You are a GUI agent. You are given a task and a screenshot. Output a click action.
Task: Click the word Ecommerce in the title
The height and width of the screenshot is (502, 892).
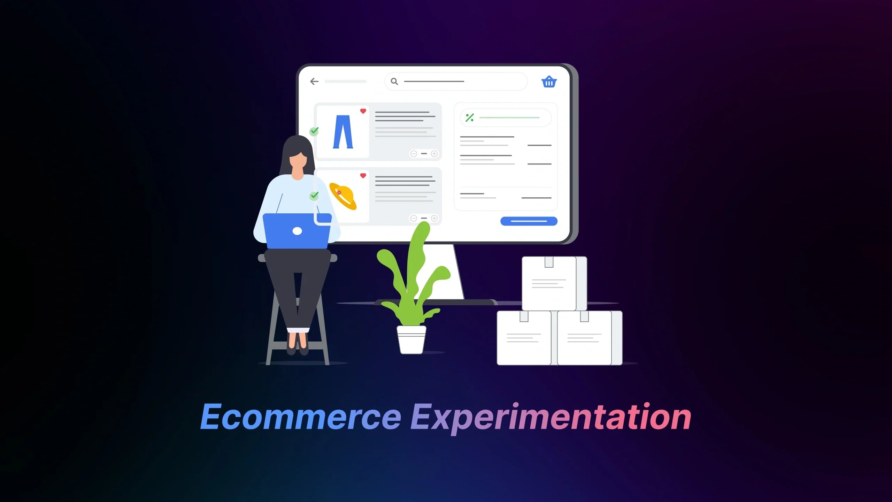coord(300,417)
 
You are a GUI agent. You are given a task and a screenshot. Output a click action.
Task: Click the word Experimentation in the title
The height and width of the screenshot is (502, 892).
coord(551,417)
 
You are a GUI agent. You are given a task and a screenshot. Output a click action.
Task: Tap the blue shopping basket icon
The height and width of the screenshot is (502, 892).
coord(549,82)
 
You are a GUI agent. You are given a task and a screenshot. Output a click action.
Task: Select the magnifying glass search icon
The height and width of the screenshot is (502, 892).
coord(394,82)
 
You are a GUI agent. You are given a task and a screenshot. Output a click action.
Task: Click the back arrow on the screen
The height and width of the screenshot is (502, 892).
coord(314,82)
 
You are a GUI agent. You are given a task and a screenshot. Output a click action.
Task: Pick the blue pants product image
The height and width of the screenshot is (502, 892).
coord(343,132)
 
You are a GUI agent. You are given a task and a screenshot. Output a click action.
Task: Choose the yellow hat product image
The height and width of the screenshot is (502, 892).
coord(343,196)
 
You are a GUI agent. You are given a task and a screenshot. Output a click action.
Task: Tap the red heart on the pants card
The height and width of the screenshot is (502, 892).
coord(363,111)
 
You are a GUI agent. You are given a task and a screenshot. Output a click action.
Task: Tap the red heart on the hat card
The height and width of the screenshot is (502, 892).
coord(363,176)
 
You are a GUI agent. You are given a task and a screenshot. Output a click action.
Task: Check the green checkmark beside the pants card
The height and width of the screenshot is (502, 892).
coord(314,131)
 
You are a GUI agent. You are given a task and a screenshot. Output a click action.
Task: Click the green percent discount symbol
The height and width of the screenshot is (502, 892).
coord(470,118)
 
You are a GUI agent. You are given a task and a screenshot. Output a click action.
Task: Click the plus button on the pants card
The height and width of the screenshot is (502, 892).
coord(434,154)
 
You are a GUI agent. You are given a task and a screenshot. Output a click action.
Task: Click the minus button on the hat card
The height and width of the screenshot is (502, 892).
coord(414,218)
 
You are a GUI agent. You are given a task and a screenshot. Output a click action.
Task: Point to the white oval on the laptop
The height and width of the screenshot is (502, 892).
coord(297,231)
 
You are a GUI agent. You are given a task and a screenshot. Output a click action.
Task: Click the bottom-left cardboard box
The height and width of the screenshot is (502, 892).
coord(524,338)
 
